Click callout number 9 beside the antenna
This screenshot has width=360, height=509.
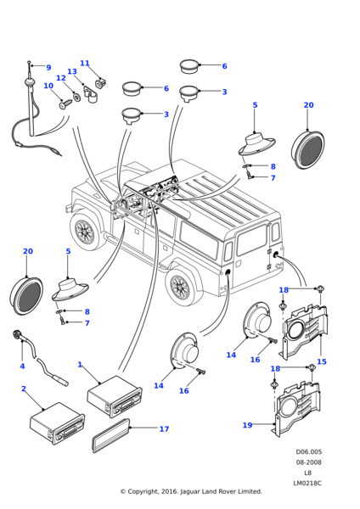tap(48, 68)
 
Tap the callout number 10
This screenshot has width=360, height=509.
tap(48, 86)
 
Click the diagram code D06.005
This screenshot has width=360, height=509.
tap(309, 452)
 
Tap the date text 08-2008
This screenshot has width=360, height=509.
tap(309, 462)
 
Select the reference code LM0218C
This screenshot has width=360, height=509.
tap(309, 483)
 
